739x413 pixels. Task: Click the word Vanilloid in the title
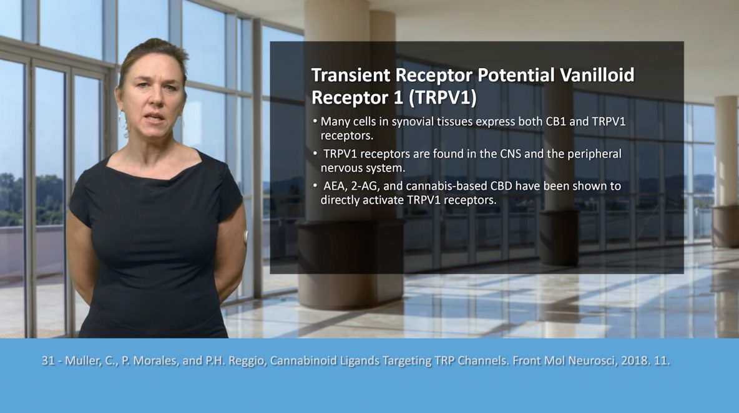tap(597, 75)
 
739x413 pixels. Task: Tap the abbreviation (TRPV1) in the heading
tap(443, 98)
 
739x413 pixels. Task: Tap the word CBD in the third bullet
tap(501, 186)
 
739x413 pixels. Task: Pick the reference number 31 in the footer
tap(47, 361)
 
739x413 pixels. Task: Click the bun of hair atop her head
tap(157, 45)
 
